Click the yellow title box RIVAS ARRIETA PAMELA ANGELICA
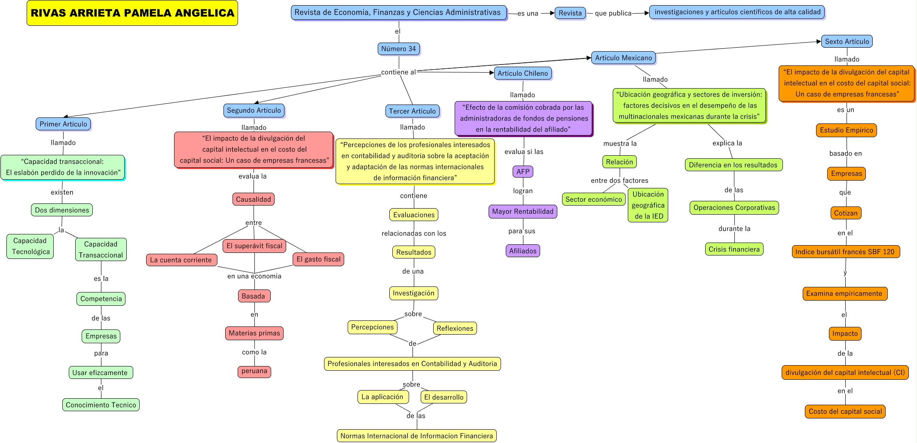click(132, 13)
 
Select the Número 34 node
click(399, 49)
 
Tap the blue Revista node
click(570, 13)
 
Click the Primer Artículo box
click(63, 124)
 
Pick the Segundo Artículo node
click(254, 111)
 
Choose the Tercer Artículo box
click(413, 111)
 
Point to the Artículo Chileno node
click(523, 74)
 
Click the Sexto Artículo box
click(847, 42)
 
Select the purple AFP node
click(523, 172)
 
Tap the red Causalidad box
click(254, 200)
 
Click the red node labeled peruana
click(254, 371)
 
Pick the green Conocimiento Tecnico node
click(101, 405)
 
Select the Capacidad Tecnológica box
click(31, 246)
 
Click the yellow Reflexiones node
click(455, 329)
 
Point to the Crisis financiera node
click(734, 249)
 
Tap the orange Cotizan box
click(846, 213)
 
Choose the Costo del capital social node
click(845, 412)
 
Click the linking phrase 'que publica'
click(613, 13)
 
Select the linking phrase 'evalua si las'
click(524, 152)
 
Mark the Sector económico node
click(594, 200)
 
